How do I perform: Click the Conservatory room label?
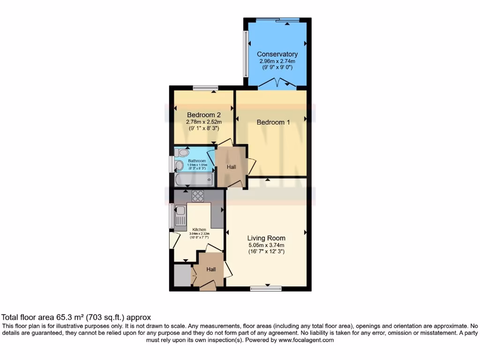[277, 54]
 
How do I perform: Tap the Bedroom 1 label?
[273, 122]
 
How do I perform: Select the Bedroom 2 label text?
[204, 115]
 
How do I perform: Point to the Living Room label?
[266, 238]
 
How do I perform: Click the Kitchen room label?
[199, 230]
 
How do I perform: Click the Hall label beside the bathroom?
[231, 167]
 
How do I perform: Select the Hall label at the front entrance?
[211, 270]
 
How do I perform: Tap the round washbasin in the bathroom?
[179, 165]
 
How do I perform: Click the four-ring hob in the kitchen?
[197, 196]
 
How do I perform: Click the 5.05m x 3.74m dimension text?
[266, 245]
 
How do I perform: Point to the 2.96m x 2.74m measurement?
[277, 61]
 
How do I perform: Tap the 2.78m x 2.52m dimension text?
[204, 122]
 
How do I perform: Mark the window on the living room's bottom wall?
[266, 289]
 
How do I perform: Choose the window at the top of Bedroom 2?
[205, 88]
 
